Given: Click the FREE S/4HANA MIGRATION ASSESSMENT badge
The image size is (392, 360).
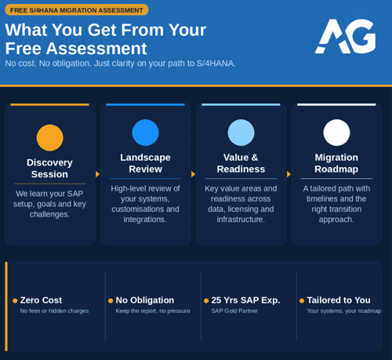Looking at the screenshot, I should tap(77, 10).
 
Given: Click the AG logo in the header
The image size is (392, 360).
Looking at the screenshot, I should tap(345, 36).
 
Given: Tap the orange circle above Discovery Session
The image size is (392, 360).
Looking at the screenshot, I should tap(49, 138).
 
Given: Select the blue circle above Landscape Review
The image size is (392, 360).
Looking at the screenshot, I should tap(145, 133).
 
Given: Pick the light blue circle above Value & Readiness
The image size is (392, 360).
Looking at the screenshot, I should tap(241, 133).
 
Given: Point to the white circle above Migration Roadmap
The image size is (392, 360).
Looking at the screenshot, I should tap(336, 133).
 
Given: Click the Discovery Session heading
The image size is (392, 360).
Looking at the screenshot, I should tap(49, 168).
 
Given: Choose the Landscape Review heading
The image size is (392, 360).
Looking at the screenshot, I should tap(145, 163).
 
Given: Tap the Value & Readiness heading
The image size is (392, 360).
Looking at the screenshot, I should tap(241, 163).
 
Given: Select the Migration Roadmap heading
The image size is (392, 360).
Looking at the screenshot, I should tap(336, 163).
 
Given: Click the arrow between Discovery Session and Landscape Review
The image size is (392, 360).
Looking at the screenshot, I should tap(97, 174).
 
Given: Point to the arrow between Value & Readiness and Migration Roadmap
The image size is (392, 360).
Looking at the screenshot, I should tap(289, 174).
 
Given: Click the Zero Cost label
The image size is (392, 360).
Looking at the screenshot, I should tap(41, 300).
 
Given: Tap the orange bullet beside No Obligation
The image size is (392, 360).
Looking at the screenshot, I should tap(111, 300).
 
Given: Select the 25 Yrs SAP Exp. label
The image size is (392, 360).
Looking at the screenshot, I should tap(245, 300).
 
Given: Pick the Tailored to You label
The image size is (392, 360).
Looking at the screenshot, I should tap(339, 300).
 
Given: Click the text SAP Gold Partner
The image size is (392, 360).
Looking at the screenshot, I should tap(234, 311).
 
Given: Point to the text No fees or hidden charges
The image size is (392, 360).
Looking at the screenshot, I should tap(54, 311).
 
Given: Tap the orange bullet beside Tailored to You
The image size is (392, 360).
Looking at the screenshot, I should tap(302, 300).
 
